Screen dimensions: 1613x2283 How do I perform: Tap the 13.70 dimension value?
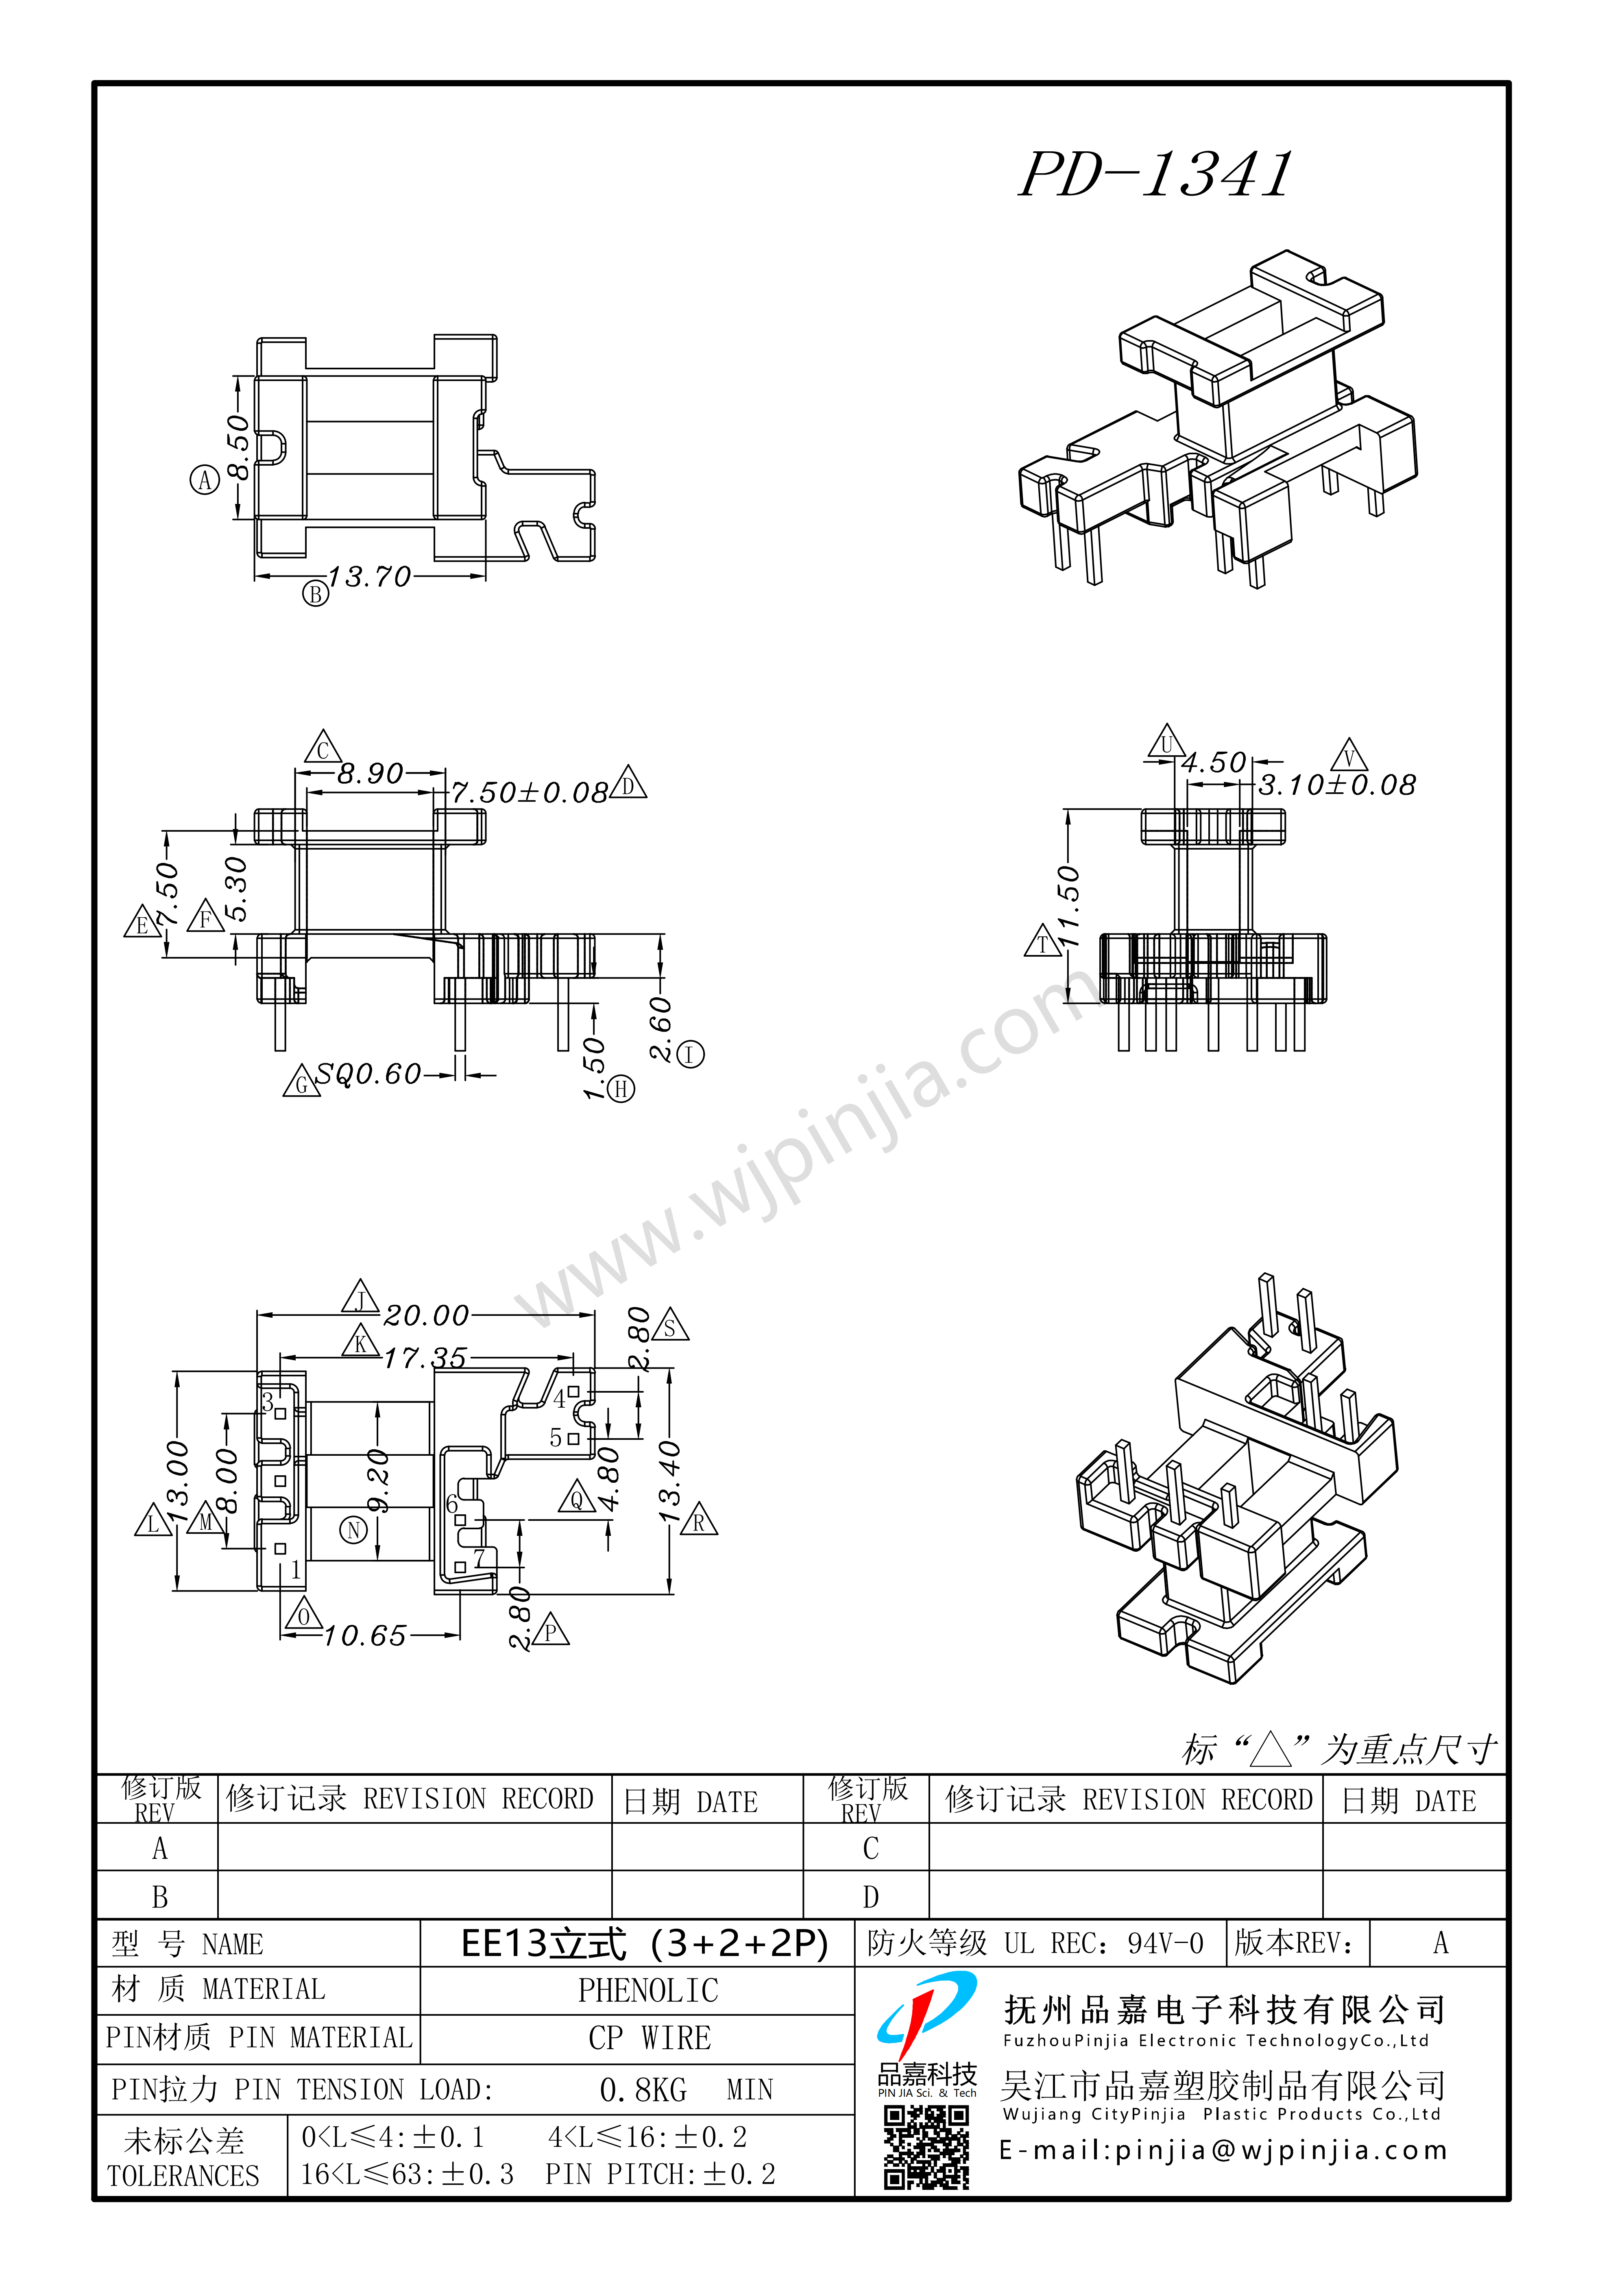369,577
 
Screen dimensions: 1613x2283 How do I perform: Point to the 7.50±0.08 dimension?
530,792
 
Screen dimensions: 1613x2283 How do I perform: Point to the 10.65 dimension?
365,1636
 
